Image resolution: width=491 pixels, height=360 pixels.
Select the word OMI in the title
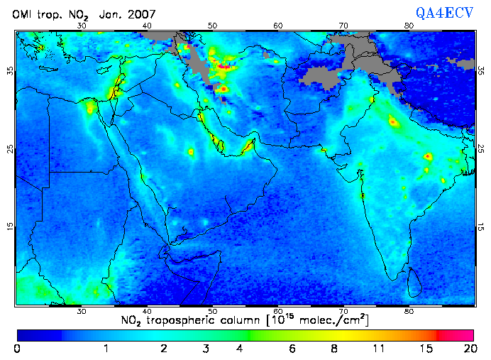(23, 14)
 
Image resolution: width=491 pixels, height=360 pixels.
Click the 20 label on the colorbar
(468, 349)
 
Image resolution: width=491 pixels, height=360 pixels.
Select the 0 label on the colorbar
(17, 349)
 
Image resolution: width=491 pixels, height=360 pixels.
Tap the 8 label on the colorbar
(334, 349)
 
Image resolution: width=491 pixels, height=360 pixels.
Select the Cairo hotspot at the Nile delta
(90, 108)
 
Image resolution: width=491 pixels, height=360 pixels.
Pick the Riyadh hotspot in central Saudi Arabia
(190, 152)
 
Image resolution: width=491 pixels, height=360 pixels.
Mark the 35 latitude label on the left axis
(10, 71)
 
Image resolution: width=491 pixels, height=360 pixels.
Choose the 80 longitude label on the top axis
(409, 25)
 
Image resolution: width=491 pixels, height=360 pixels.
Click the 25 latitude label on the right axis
(482, 149)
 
